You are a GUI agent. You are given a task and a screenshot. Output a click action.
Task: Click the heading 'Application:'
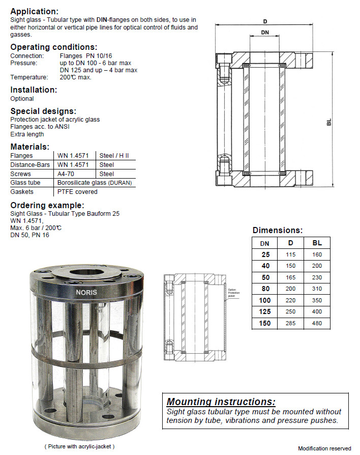coord(34,11)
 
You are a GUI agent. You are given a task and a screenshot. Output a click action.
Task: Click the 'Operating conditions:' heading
coord(54,47)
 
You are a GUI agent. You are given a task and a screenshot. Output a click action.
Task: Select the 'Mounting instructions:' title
coord(221,402)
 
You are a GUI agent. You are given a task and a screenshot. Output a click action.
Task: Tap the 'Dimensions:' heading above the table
coord(277,230)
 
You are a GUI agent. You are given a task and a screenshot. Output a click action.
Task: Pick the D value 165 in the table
coord(290,277)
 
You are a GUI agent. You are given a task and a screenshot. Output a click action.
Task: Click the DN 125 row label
coord(265,312)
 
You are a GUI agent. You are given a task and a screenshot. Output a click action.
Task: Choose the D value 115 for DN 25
coord(290,254)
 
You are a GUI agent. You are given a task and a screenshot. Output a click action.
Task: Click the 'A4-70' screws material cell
coord(66,174)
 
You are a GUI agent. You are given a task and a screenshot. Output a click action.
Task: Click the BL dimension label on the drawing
coord(329,122)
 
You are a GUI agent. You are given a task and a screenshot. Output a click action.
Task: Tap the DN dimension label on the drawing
coord(265,33)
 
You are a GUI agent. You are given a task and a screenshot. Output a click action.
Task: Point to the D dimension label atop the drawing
coord(265,21)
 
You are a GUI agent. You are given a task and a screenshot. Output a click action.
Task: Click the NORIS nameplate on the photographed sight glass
coord(83,293)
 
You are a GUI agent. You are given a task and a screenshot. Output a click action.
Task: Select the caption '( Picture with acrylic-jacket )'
coord(80,446)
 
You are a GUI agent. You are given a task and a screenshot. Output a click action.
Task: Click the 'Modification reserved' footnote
coord(324,448)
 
